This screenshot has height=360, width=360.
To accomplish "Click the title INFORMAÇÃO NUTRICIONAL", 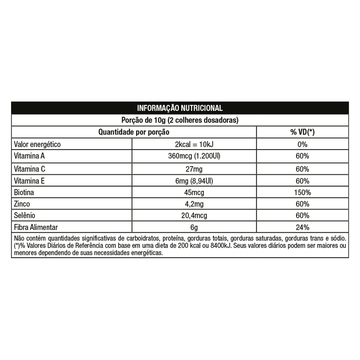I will point(180,108).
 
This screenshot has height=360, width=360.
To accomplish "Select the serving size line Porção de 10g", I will point(180,120).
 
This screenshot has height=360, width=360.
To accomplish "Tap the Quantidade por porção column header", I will point(134,132).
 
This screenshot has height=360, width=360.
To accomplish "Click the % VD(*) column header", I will point(302,132).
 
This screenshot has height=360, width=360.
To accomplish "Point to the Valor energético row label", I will point(37,144).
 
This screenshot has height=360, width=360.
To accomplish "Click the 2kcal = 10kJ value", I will point(194,144).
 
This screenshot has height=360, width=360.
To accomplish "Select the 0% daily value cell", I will point(302,144).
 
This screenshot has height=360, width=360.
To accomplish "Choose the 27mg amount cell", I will point(194,168).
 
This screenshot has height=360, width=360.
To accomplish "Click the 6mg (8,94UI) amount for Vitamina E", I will point(194,180).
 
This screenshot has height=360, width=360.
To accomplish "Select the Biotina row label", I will point(24,192).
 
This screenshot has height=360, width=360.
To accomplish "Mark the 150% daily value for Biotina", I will point(302,192).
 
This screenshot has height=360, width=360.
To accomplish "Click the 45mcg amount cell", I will point(194,192).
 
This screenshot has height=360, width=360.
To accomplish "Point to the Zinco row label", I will point(22,204).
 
